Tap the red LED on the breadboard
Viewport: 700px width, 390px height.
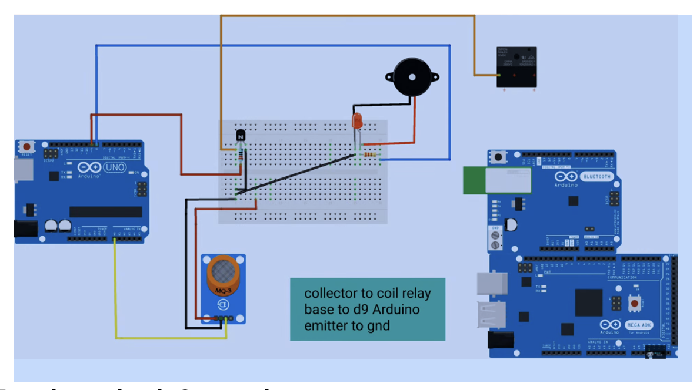point(357,122)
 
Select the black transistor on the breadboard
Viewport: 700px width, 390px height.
point(241,136)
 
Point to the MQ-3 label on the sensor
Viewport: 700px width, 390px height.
point(222,291)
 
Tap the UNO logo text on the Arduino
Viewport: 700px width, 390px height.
point(115,168)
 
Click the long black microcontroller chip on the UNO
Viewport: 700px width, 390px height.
point(106,211)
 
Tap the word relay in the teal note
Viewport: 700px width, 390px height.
point(417,293)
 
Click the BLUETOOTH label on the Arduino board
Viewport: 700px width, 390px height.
point(597,176)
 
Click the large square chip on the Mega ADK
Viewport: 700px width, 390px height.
point(589,302)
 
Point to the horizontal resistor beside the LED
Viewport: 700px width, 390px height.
point(371,154)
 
